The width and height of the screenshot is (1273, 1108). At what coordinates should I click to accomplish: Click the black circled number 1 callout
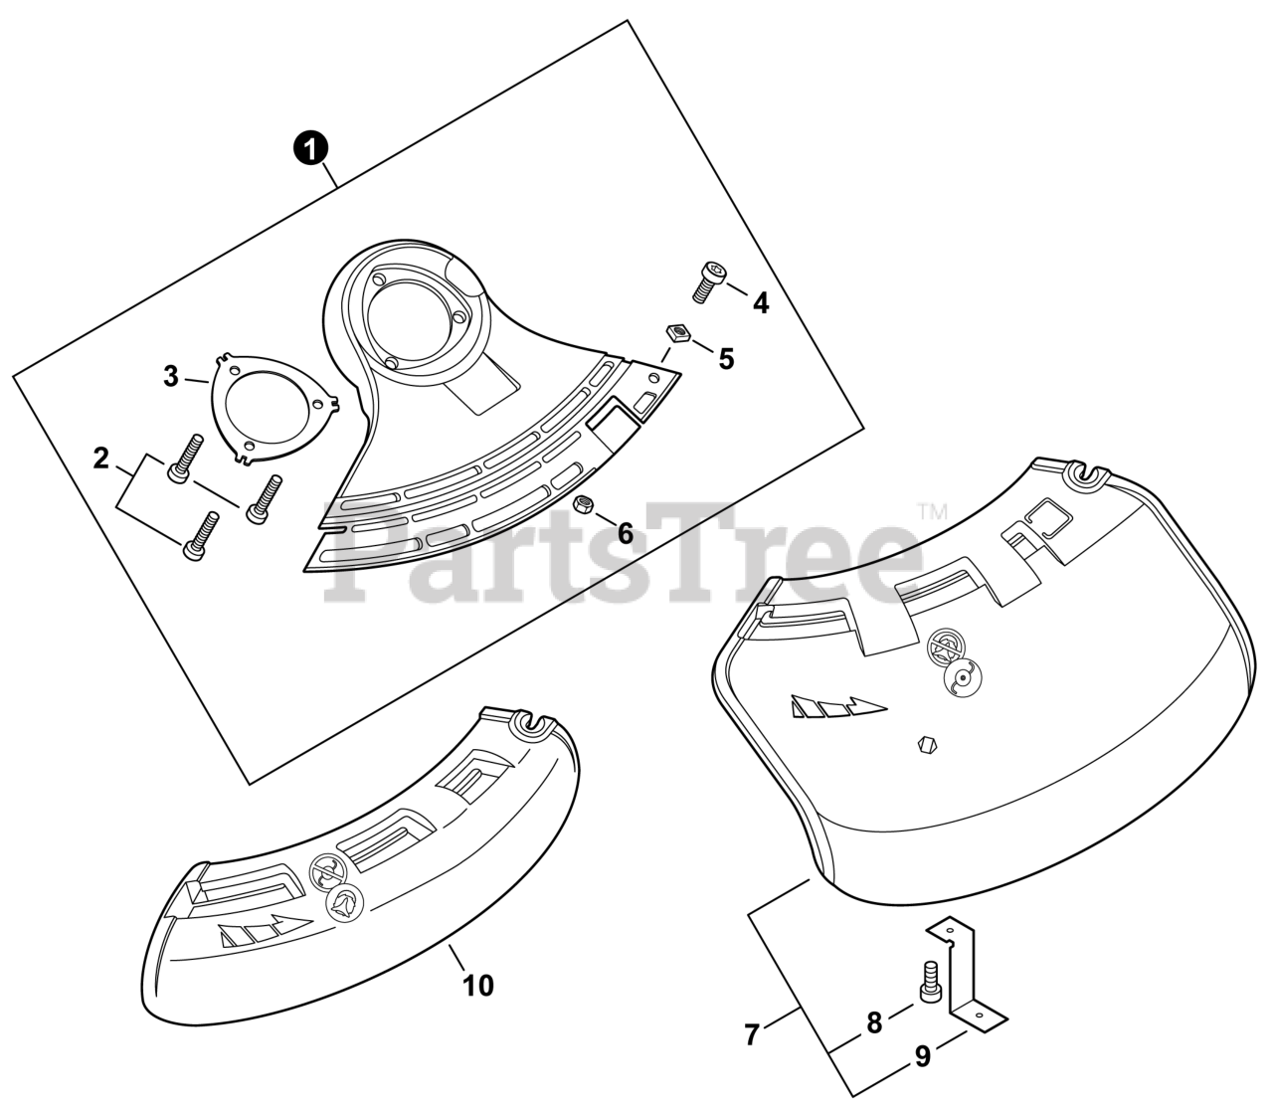coord(311,150)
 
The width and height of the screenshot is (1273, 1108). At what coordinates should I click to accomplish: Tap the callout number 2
coord(100,459)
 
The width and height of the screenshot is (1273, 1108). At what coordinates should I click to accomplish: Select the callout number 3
coord(171,377)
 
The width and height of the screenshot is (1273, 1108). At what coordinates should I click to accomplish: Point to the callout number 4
coord(761,303)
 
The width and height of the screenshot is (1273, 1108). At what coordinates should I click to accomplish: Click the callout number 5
coord(727,358)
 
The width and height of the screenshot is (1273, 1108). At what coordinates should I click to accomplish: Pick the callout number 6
coord(626,534)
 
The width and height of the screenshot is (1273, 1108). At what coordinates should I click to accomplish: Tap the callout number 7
coord(752,1035)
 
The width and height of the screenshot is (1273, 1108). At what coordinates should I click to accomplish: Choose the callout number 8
coord(874,1022)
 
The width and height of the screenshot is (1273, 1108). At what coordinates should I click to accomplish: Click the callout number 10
coord(478,985)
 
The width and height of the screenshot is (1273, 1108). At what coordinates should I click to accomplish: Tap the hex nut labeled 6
coord(585,505)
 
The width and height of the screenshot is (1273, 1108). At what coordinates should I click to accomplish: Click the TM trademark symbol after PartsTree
coord(932,512)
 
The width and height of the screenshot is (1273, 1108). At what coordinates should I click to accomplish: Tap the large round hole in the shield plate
coord(411,320)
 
